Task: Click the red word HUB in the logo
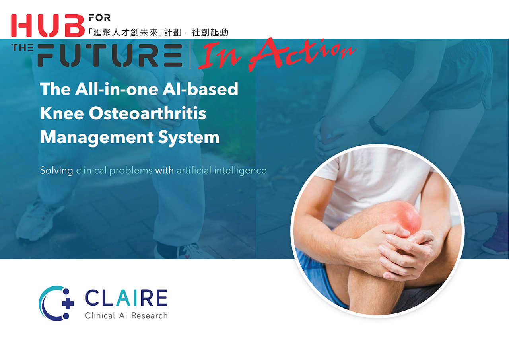(x=48, y=25)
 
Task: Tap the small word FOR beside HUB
(x=99, y=18)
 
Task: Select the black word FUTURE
(x=110, y=55)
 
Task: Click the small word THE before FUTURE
(x=22, y=47)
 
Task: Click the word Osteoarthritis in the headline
(x=148, y=113)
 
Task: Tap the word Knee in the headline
(x=62, y=113)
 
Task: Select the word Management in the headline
(x=97, y=138)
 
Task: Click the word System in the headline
(x=188, y=138)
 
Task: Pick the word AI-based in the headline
(x=200, y=89)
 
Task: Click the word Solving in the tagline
(x=56, y=171)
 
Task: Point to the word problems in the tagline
(x=131, y=171)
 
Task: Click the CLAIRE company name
(x=126, y=298)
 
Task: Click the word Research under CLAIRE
(x=149, y=316)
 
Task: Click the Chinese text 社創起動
(x=210, y=33)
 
